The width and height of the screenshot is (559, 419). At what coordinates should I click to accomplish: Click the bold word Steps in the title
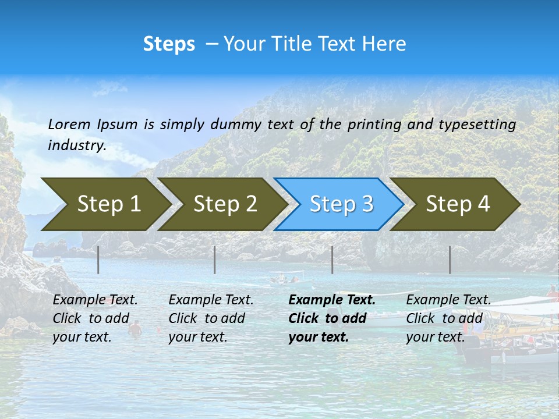[x=169, y=44]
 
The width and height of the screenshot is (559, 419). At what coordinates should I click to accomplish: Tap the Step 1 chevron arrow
[x=105, y=204]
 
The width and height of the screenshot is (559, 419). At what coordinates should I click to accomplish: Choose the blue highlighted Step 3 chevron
[x=340, y=204]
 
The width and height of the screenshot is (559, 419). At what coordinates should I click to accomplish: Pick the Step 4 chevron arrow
[x=457, y=204]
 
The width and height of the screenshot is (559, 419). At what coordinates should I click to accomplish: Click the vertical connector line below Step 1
[x=98, y=260]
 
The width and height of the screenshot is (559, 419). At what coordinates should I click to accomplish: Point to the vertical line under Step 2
[x=215, y=260]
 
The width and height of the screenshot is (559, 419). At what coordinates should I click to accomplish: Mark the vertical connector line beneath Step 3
[x=332, y=260]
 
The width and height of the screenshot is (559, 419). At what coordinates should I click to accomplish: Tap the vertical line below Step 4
[x=450, y=260]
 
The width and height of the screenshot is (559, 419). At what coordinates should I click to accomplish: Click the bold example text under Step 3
[x=331, y=318]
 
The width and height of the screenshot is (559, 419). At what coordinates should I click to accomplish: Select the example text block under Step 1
[x=94, y=318]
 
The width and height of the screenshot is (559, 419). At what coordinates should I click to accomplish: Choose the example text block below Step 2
[x=210, y=318]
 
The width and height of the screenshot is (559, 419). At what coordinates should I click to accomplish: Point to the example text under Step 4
[x=448, y=318]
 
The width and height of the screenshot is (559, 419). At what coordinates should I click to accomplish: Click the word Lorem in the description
[x=69, y=125]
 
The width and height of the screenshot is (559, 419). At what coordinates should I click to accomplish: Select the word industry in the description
[x=76, y=146]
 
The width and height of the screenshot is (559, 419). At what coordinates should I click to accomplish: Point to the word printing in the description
[x=375, y=125]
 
